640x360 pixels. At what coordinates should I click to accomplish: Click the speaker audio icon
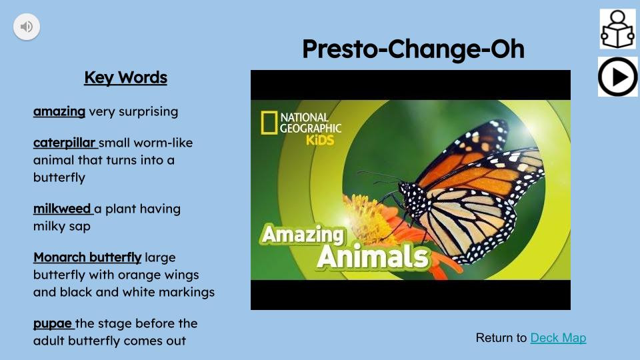click(27, 27)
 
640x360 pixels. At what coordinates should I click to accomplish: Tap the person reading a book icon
click(617, 29)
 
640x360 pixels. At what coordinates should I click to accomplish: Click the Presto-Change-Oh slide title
click(413, 49)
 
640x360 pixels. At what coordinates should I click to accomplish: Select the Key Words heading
click(125, 78)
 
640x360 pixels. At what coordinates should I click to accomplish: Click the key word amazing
click(59, 111)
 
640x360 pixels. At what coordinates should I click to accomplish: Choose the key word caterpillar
click(65, 143)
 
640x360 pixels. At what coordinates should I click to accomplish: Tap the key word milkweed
click(63, 209)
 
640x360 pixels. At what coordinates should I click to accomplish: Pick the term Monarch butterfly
click(87, 257)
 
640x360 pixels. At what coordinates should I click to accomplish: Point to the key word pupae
click(53, 323)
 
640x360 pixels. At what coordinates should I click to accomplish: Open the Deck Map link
click(558, 338)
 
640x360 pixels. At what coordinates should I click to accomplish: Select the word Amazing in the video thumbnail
click(303, 235)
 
